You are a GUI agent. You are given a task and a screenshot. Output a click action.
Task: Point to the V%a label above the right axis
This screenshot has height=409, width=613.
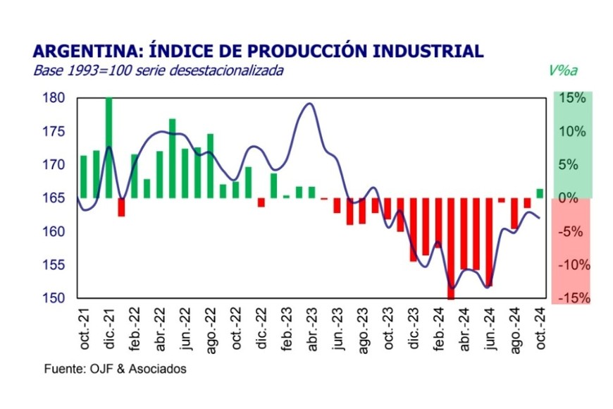(x=562, y=71)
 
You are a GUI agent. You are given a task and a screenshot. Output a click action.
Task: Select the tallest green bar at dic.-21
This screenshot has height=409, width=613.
(x=109, y=148)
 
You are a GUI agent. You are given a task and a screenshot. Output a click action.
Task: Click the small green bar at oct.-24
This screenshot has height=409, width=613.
(x=540, y=193)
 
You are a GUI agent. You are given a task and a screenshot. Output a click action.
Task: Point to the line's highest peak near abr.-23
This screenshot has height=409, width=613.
(x=309, y=104)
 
